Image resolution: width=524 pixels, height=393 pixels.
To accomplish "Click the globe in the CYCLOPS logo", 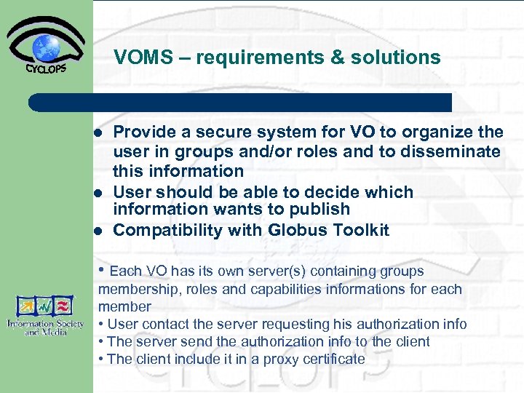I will [47, 47].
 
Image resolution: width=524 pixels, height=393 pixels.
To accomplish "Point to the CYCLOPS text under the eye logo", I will [47, 70].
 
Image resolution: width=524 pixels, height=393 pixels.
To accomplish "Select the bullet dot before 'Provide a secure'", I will [98, 133].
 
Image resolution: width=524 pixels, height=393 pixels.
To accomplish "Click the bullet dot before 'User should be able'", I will [98, 193].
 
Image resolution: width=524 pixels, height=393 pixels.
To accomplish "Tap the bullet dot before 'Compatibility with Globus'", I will [98, 231].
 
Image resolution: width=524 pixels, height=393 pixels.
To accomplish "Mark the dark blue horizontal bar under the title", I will [240, 102].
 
